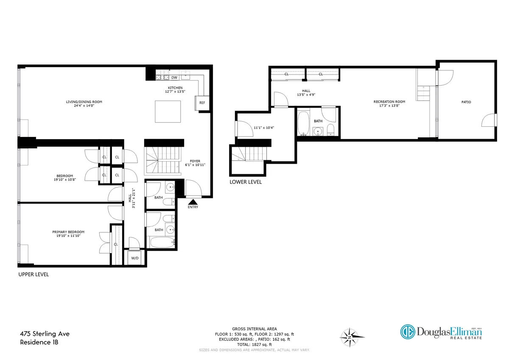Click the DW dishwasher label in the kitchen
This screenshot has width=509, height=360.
pos(174,78)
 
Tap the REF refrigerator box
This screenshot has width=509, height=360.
pos(202,103)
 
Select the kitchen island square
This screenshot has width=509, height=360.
pos(168,111)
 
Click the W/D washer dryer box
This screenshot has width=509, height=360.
pos(135,258)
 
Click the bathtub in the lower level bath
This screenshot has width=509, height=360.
pos(304,123)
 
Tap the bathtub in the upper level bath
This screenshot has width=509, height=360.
pos(162,243)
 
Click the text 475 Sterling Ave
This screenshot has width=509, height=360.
pos(45,334)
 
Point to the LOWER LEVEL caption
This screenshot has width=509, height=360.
pos(246,182)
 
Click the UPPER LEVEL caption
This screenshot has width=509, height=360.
pos(34,274)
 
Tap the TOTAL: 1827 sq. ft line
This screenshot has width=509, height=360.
pos(255,344)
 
